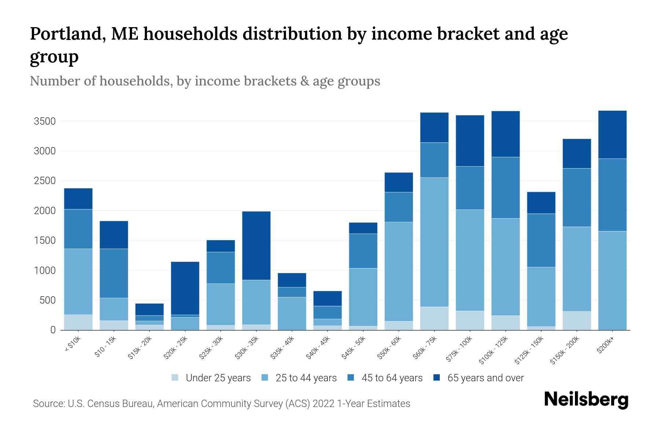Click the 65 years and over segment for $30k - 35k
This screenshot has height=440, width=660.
[x=256, y=246]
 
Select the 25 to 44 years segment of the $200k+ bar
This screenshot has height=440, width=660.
[x=612, y=280]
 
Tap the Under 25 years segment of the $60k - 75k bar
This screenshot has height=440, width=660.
[x=434, y=318]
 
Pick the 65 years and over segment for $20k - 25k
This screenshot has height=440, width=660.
[x=185, y=288]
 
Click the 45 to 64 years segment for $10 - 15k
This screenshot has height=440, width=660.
[x=114, y=273]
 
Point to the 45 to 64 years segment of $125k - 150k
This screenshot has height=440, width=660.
[x=541, y=240]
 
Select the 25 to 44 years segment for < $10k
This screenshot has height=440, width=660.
[x=78, y=282]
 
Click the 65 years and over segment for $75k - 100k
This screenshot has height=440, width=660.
[x=470, y=141]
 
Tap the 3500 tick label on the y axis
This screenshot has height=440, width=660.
[x=44, y=121]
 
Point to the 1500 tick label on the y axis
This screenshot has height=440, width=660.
[x=44, y=241]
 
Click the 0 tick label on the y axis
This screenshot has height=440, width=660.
[x=53, y=330]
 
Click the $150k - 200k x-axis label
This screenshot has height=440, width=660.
[x=565, y=350]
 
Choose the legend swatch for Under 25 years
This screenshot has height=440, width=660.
[x=175, y=378]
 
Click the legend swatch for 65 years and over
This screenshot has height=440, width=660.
[x=437, y=378]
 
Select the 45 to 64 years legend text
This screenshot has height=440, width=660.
[x=392, y=378]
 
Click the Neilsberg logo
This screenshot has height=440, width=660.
[x=586, y=399]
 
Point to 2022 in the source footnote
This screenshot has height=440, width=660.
[x=323, y=404]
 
